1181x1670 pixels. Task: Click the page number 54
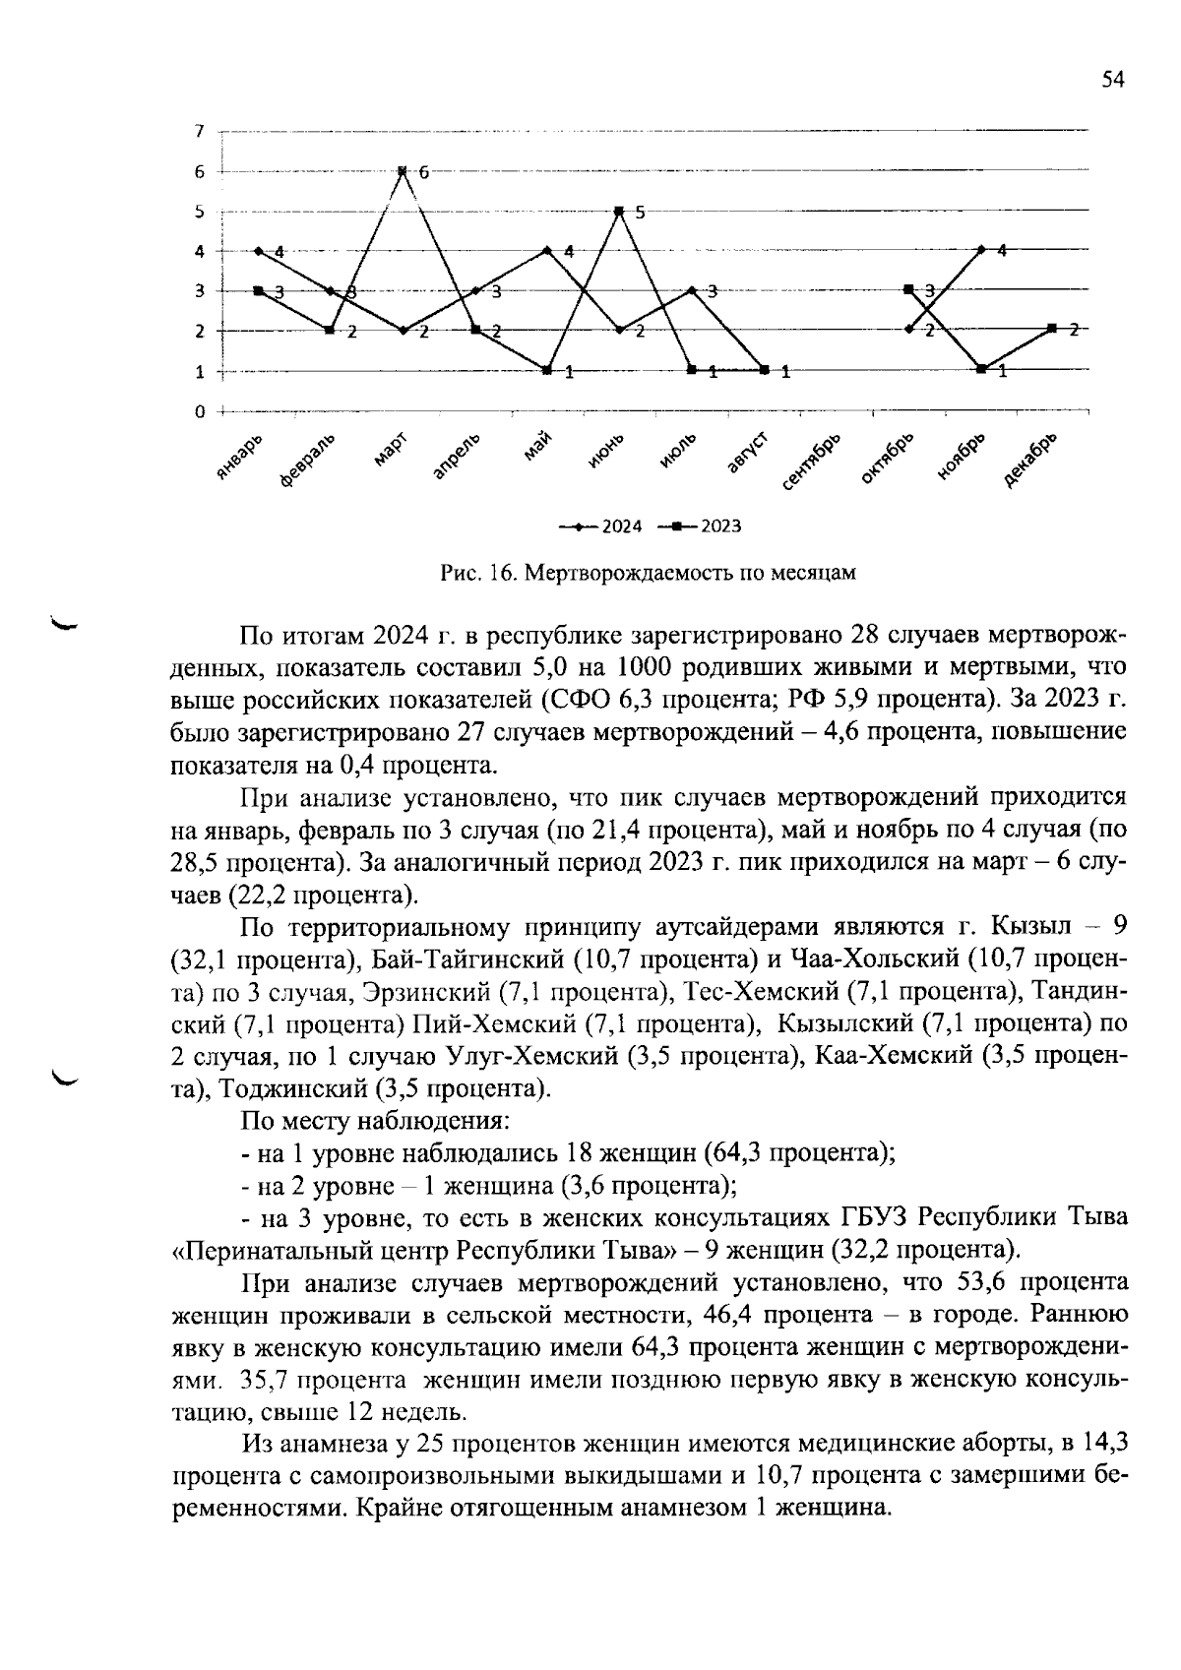1112,81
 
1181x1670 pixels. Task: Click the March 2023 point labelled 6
403,171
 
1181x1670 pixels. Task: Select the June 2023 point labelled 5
619,211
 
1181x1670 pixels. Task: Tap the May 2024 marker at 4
547,250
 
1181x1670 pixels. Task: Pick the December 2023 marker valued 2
1052,329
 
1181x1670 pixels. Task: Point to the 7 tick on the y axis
199,130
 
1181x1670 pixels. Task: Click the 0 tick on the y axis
199,411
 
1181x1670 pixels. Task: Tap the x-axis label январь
239,458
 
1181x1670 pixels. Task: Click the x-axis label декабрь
1031,459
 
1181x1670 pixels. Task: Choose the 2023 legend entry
701,526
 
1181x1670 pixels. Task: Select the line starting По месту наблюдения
375,1121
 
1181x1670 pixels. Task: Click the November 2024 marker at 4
981,250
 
